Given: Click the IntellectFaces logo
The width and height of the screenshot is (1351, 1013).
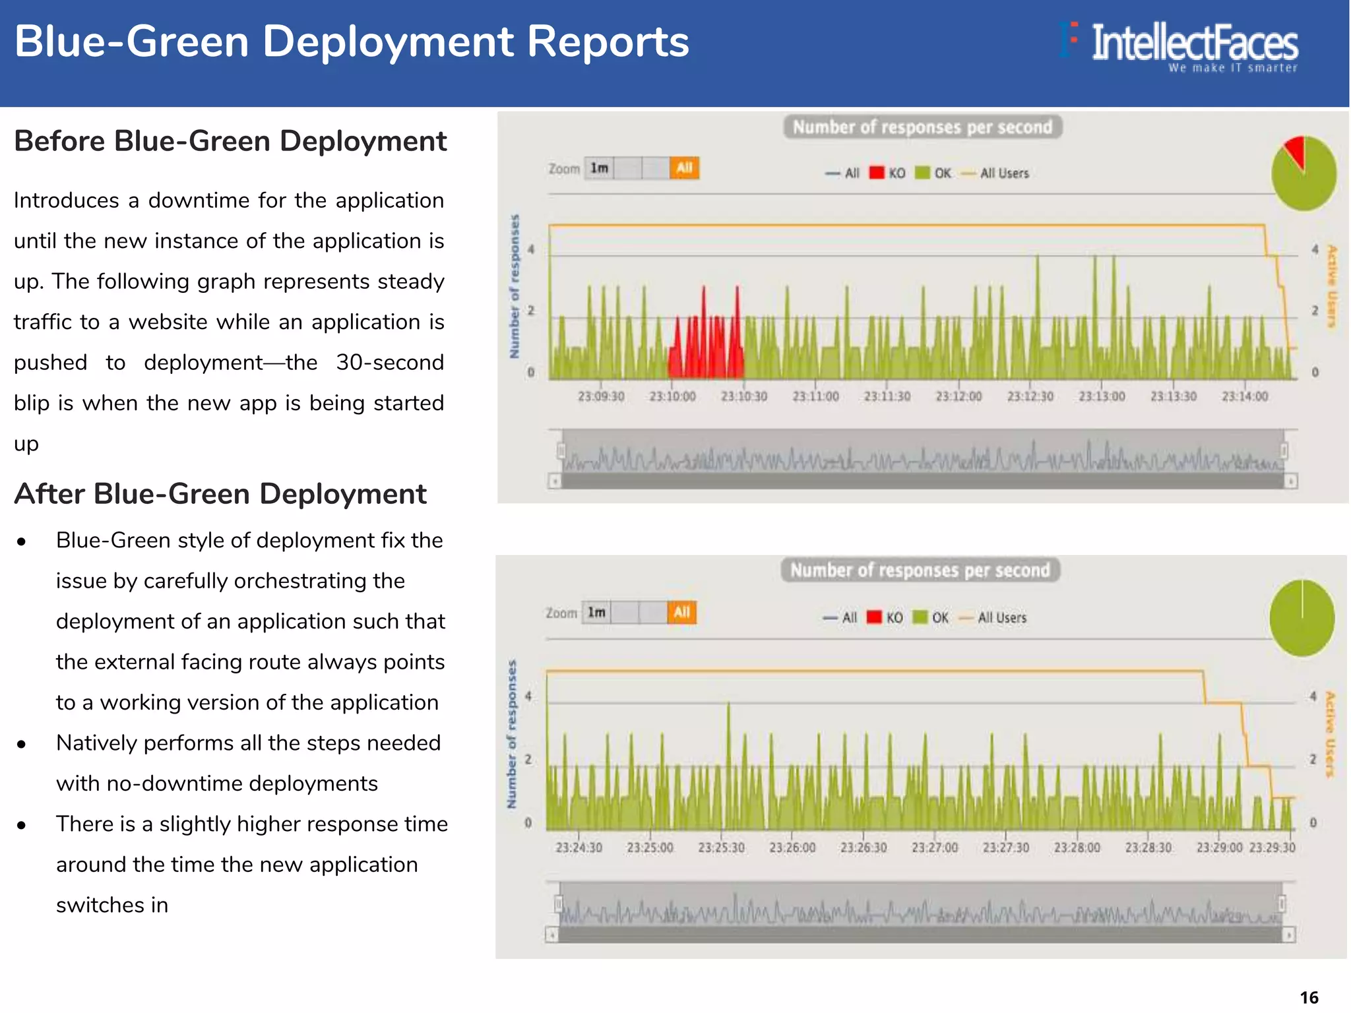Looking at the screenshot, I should (1181, 45).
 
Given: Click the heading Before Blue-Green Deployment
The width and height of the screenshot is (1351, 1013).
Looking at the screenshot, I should (230, 141).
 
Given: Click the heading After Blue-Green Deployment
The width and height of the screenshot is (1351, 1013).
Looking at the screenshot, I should (220, 494).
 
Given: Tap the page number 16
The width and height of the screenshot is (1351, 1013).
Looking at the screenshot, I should (1309, 997).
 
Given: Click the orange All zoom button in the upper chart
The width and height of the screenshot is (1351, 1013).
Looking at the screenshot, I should (684, 168).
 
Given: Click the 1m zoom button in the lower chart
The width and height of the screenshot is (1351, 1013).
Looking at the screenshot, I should (596, 613).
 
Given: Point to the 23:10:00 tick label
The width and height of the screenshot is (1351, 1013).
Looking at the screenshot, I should (672, 396).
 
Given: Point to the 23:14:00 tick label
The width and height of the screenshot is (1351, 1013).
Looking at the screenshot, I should (1244, 396).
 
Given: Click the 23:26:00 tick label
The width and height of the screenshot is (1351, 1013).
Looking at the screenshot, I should (792, 847).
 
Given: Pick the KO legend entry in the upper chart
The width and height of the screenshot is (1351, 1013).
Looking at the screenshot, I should (888, 173).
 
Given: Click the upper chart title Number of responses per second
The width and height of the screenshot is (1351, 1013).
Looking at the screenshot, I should (922, 127).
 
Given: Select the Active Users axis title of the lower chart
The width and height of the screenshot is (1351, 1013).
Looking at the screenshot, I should (1330, 734).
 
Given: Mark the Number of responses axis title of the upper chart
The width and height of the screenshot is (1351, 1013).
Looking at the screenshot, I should (515, 286).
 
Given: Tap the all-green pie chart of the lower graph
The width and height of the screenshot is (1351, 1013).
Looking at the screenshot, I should (1302, 618).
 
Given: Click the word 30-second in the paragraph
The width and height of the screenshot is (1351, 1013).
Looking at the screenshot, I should (389, 363).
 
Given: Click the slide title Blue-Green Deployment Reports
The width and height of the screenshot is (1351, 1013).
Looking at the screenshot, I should (352, 42).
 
